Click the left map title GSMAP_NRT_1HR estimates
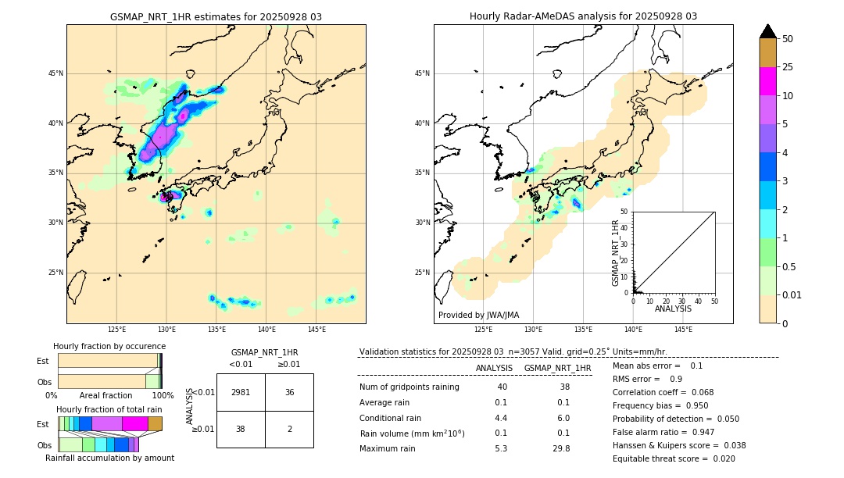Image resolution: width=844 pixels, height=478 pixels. pos(216,16)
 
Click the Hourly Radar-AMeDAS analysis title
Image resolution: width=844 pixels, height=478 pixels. pos(583,16)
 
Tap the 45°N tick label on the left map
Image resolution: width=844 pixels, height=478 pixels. pos(55,73)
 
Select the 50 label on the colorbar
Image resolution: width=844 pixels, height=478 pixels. pos(788,38)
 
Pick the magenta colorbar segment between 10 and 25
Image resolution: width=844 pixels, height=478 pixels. pos(767,81)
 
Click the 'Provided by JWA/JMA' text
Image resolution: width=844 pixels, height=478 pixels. pos(478,315)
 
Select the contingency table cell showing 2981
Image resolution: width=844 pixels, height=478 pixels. pos(241,392)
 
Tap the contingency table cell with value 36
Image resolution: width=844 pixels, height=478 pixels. pos(289,392)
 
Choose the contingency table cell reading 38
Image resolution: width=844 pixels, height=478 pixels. pos(241,429)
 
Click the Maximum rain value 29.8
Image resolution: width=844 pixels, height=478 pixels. pos(560,448)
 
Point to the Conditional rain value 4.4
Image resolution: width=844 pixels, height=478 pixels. pos(501,418)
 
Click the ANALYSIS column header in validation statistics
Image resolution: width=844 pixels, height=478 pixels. pos(494,368)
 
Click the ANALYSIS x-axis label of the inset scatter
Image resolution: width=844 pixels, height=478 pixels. pos(673,309)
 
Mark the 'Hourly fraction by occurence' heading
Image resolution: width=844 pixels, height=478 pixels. pos(109,346)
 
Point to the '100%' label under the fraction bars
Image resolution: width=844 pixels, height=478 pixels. pos(163,395)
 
